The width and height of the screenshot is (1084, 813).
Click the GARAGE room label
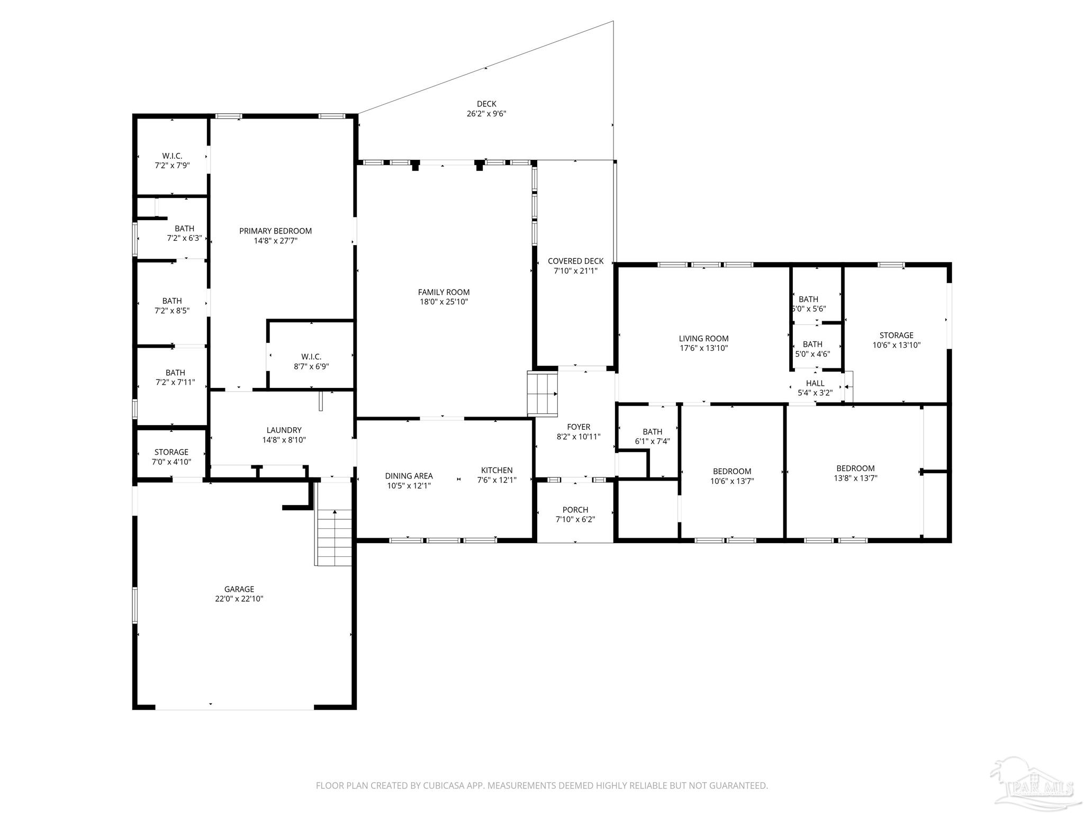click(239, 589)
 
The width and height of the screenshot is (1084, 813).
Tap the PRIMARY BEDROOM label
click(275, 231)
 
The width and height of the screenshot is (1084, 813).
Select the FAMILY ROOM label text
click(444, 292)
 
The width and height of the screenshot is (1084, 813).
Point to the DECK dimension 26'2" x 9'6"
click(486, 113)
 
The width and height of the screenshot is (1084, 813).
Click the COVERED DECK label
click(576, 261)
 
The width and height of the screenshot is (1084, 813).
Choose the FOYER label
click(579, 427)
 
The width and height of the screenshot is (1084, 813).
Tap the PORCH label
click(575, 510)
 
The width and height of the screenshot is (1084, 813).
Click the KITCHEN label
click(496, 471)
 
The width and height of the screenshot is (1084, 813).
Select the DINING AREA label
click(409, 476)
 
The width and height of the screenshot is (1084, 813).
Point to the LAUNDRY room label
click(284, 430)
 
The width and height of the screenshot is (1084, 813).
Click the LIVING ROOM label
click(704, 339)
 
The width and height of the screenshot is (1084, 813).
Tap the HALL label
click(815, 383)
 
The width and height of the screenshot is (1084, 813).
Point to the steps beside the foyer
click(543, 393)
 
